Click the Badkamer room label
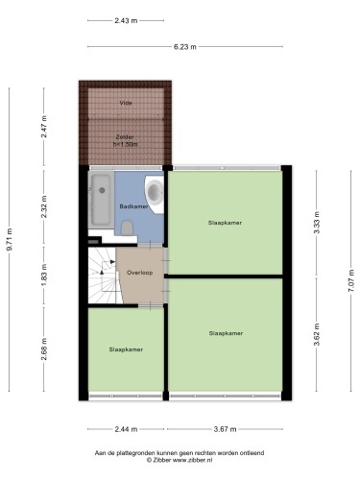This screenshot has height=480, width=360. point(133,206)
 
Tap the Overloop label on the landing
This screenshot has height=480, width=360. point(139,273)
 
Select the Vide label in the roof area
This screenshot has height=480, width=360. point(126,103)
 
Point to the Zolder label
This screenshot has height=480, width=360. point(125,137)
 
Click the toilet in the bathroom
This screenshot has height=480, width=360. point(128,228)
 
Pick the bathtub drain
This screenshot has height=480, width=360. point(102,190)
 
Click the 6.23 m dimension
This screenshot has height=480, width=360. point(185,47)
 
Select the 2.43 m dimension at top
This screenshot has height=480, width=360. point(126,21)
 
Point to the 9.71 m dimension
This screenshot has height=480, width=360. point(10,239)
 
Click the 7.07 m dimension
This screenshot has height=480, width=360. point(351,280)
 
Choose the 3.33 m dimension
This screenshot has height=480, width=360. point(317,223)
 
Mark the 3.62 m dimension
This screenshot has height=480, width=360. point(317,335)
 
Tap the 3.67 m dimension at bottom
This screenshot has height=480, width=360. point(225,429)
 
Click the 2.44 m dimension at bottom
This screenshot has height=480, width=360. point(126,429)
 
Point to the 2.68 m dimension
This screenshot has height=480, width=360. point(44,349)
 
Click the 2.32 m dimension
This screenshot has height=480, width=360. point(44,206)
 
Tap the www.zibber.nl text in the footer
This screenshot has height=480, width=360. point(192,460)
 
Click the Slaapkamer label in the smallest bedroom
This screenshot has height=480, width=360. point(126,349)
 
